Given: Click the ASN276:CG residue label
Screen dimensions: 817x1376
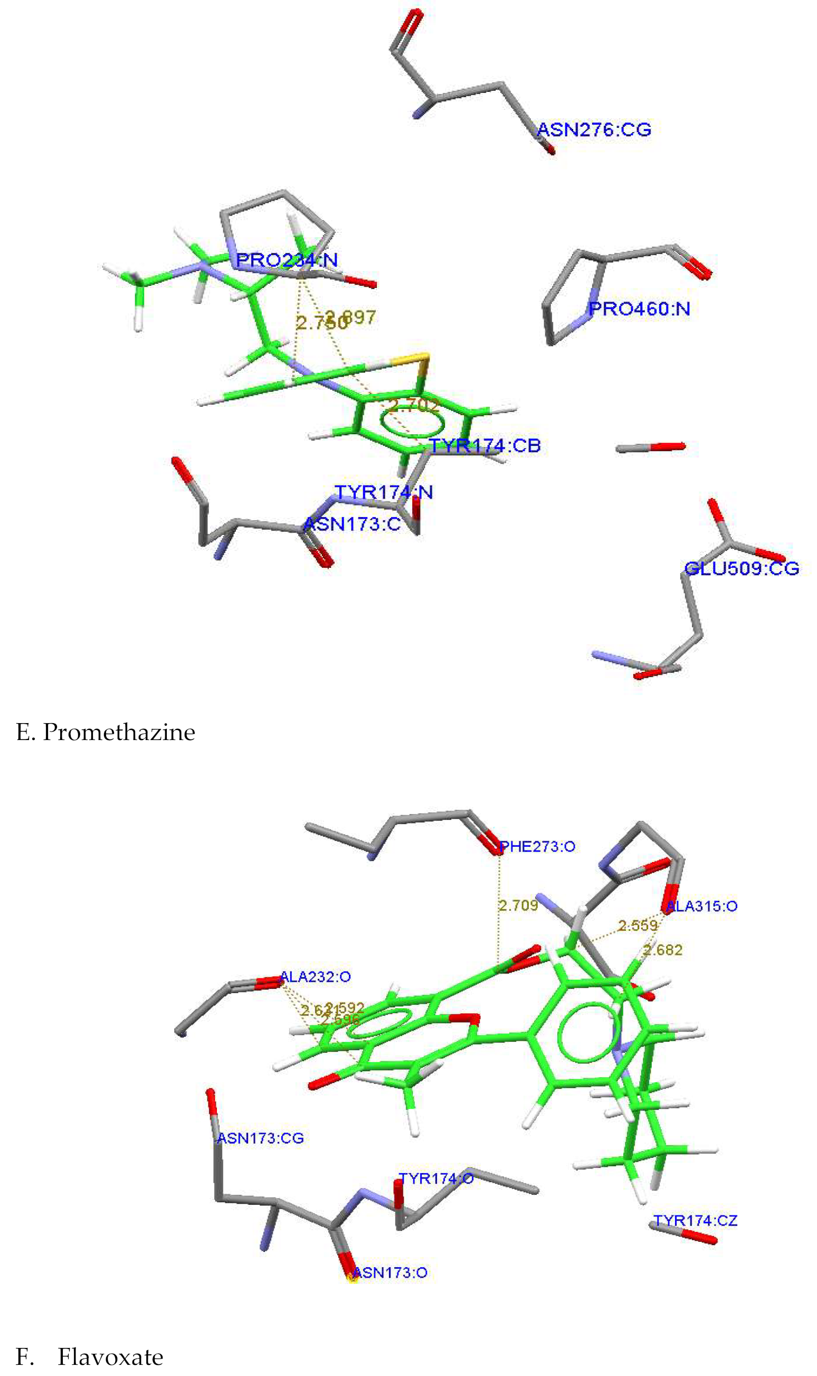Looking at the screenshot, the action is click(x=594, y=130).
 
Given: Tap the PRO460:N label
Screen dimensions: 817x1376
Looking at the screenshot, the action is click(x=639, y=309).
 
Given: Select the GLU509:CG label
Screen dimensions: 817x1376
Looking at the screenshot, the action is click(x=741, y=568).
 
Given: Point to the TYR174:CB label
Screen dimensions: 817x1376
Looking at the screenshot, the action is click(x=485, y=446).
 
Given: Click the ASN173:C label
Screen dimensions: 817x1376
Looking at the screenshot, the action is click(x=353, y=524).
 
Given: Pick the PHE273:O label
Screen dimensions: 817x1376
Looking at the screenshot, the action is click(x=537, y=847).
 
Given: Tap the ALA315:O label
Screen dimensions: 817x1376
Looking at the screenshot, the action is click(x=701, y=906).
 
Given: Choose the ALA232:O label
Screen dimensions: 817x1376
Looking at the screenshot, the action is click(x=316, y=977).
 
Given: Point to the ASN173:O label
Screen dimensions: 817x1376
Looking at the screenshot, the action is click(x=390, y=1273).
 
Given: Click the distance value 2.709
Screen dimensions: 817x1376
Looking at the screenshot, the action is click(x=518, y=905).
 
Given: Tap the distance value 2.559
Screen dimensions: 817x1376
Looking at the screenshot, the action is click(x=638, y=925).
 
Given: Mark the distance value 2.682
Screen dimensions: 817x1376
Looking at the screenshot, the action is click(x=663, y=950).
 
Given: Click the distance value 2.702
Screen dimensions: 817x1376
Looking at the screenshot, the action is click(x=414, y=406).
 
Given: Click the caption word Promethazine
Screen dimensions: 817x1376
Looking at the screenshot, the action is click(x=119, y=732).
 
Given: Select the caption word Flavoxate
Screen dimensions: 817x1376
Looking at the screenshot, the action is click(x=110, y=1357).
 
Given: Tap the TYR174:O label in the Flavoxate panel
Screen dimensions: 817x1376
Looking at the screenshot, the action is click(x=436, y=1178).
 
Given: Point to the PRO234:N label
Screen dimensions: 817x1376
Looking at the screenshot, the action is click(x=287, y=260).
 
